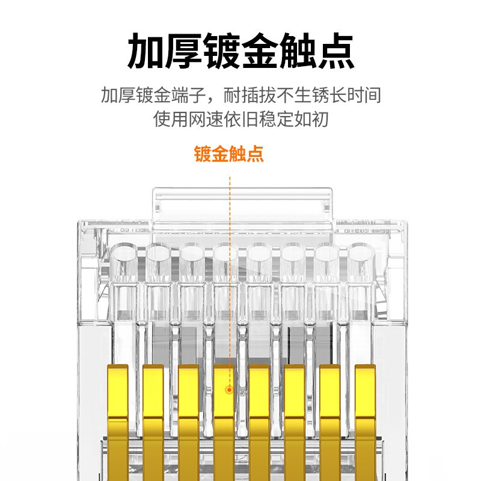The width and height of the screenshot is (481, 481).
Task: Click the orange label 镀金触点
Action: (x=228, y=154)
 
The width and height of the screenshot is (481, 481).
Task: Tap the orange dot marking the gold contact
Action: (x=229, y=390)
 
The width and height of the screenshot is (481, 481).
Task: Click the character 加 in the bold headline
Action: (x=146, y=52)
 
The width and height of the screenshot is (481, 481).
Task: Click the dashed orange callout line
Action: (x=230, y=271)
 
